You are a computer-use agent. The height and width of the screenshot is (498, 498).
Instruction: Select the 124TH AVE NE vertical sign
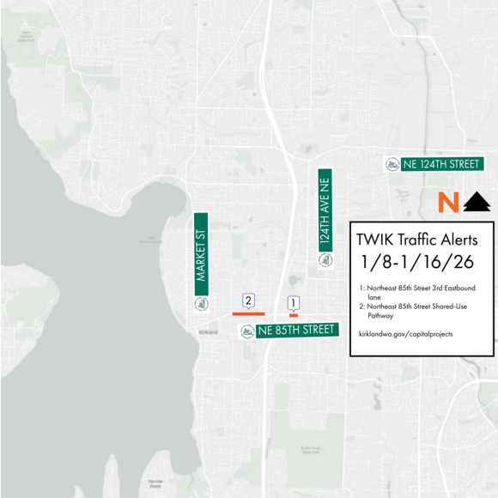click(x=325, y=209)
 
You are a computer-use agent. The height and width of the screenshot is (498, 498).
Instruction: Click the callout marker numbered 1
click(x=293, y=303)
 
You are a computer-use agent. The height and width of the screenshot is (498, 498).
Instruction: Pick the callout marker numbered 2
click(x=248, y=301)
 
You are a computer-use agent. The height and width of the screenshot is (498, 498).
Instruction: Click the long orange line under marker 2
click(x=248, y=314)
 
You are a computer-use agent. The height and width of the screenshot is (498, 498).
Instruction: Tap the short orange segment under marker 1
click(x=293, y=315)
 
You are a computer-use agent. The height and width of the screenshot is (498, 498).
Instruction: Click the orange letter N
click(x=446, y=203)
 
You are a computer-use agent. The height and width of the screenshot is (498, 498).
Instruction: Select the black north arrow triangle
click(x=477, y=203)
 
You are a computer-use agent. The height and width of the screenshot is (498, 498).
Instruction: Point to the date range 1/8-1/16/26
click(x=418, y=263)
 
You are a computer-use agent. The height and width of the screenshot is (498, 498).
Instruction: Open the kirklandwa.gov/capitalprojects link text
click(x=405, y=333)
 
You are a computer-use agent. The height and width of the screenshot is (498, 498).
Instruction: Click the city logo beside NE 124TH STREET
click(x=392, y=164)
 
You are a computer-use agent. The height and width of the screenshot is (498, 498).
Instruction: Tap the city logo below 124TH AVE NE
click(x=325, y=260)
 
